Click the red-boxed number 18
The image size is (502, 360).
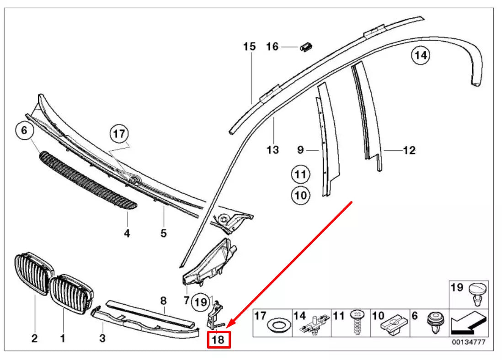pyautogui.click(x=219, y=340)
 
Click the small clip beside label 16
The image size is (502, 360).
pyautogui.click(x=306, y=47)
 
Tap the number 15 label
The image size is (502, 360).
pyautogui.click(x=249, y=47)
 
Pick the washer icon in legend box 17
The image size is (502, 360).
pyautogui.click(x=276, y=326)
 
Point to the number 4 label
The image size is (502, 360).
pyautogui.click(x=127, y=233)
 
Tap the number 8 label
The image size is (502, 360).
pyautogui.click(x=163, y=301)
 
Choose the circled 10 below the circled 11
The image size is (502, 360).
pyautogui.click(x=300, y=196)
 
